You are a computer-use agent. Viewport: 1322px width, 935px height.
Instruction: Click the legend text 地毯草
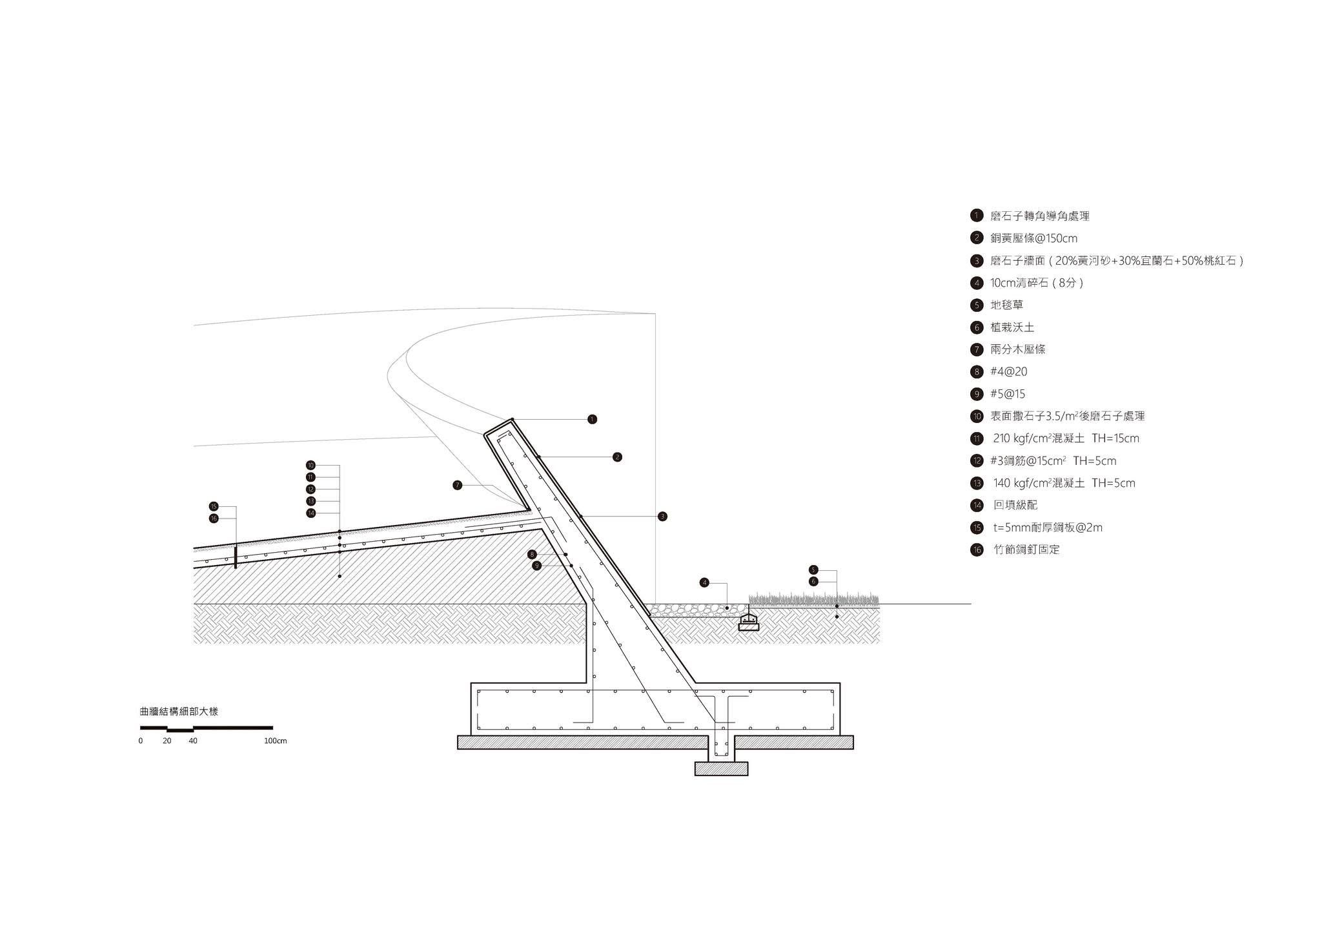click(x=1006, y=305)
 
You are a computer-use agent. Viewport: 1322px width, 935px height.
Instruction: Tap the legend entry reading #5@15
click(x=1008, y=394)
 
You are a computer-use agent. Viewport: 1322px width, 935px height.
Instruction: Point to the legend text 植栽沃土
click(x=1012, y=327)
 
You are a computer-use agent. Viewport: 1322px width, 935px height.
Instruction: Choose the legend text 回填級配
click(x=1015, y=505)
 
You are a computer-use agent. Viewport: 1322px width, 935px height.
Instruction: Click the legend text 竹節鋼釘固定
click(x=1026, y=550)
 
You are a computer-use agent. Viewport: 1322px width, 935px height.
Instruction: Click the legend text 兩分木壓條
click(x=1018, y=349)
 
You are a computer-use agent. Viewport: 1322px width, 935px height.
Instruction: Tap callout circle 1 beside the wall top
click(x=592, y=419)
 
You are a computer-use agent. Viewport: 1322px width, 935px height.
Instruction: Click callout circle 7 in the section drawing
click(x=458, y=485)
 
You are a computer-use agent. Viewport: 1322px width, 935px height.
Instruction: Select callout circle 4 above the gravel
click(x=704, y=582)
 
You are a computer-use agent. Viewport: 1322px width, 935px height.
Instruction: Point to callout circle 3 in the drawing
click(x=662, y=516)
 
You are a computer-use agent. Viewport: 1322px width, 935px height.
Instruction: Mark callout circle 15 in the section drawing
click(x=214, y=506)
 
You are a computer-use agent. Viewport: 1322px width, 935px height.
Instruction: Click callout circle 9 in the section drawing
click(x=536, y=566)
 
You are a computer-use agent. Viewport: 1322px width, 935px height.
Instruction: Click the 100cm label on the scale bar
click(x=275, y=741)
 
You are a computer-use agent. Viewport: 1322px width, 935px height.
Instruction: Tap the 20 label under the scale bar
click(x=167, y=741)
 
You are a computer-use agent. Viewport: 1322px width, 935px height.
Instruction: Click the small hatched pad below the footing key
click(x=721, y=768)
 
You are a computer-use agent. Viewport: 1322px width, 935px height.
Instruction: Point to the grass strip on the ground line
click(x=814, y=600)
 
